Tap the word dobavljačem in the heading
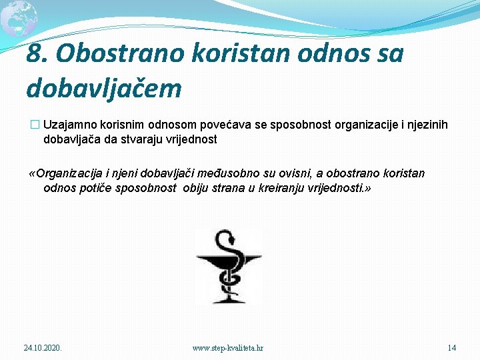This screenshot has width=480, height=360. [x=103, y=87]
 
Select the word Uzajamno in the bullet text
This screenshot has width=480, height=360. [x=69, y=126]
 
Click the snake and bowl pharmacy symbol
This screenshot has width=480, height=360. [x=228, y=266]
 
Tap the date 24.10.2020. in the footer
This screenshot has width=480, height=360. [x=43, y=348]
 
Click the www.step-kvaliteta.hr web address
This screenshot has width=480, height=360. [x=227, y=348]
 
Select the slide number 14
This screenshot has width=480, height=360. [x=451, y=348]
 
